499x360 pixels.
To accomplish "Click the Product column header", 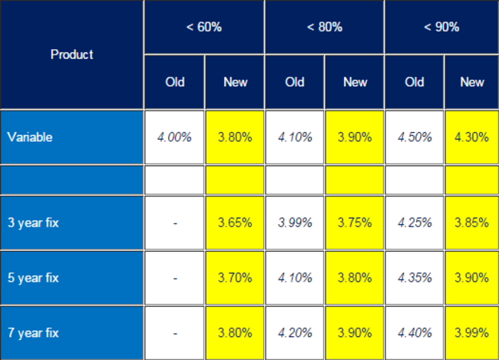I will (71, 54).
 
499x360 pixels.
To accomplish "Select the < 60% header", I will (203, 27).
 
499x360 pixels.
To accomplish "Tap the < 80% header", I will (324, 27).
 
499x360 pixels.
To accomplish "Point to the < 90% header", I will (441, 27).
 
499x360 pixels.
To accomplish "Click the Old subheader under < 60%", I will (174, 82).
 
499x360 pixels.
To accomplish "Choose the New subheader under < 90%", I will (472, 82).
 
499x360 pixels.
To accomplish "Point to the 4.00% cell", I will (174, 137).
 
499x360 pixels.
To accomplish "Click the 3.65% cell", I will (235, 223).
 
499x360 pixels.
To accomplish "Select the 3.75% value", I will (355, 223).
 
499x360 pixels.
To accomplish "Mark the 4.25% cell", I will (415, 223).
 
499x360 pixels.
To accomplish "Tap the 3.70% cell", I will (235, 278).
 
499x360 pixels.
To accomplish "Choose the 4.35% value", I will (415, 278).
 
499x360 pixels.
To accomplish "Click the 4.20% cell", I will (295, 333).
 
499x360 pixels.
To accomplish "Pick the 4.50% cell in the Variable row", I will (415, 137).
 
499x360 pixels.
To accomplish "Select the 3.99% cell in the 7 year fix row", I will (472, 333).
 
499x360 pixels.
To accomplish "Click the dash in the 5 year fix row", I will (175, 278).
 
